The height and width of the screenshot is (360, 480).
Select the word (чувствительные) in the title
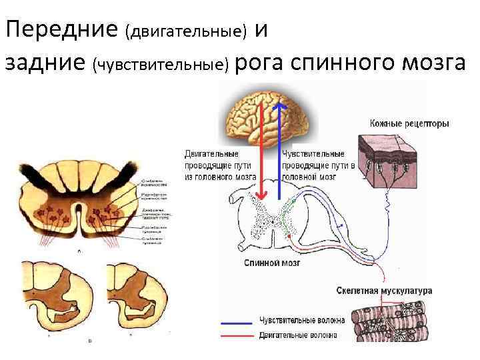pos(163,65)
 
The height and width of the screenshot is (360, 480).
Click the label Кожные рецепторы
pos(409,123)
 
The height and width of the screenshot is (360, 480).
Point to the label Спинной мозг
pos(272,263)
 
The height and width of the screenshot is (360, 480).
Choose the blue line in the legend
pos(238,321)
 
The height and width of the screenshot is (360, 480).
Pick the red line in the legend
pos(238,335)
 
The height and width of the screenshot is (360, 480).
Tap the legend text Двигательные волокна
pos(297,335)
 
